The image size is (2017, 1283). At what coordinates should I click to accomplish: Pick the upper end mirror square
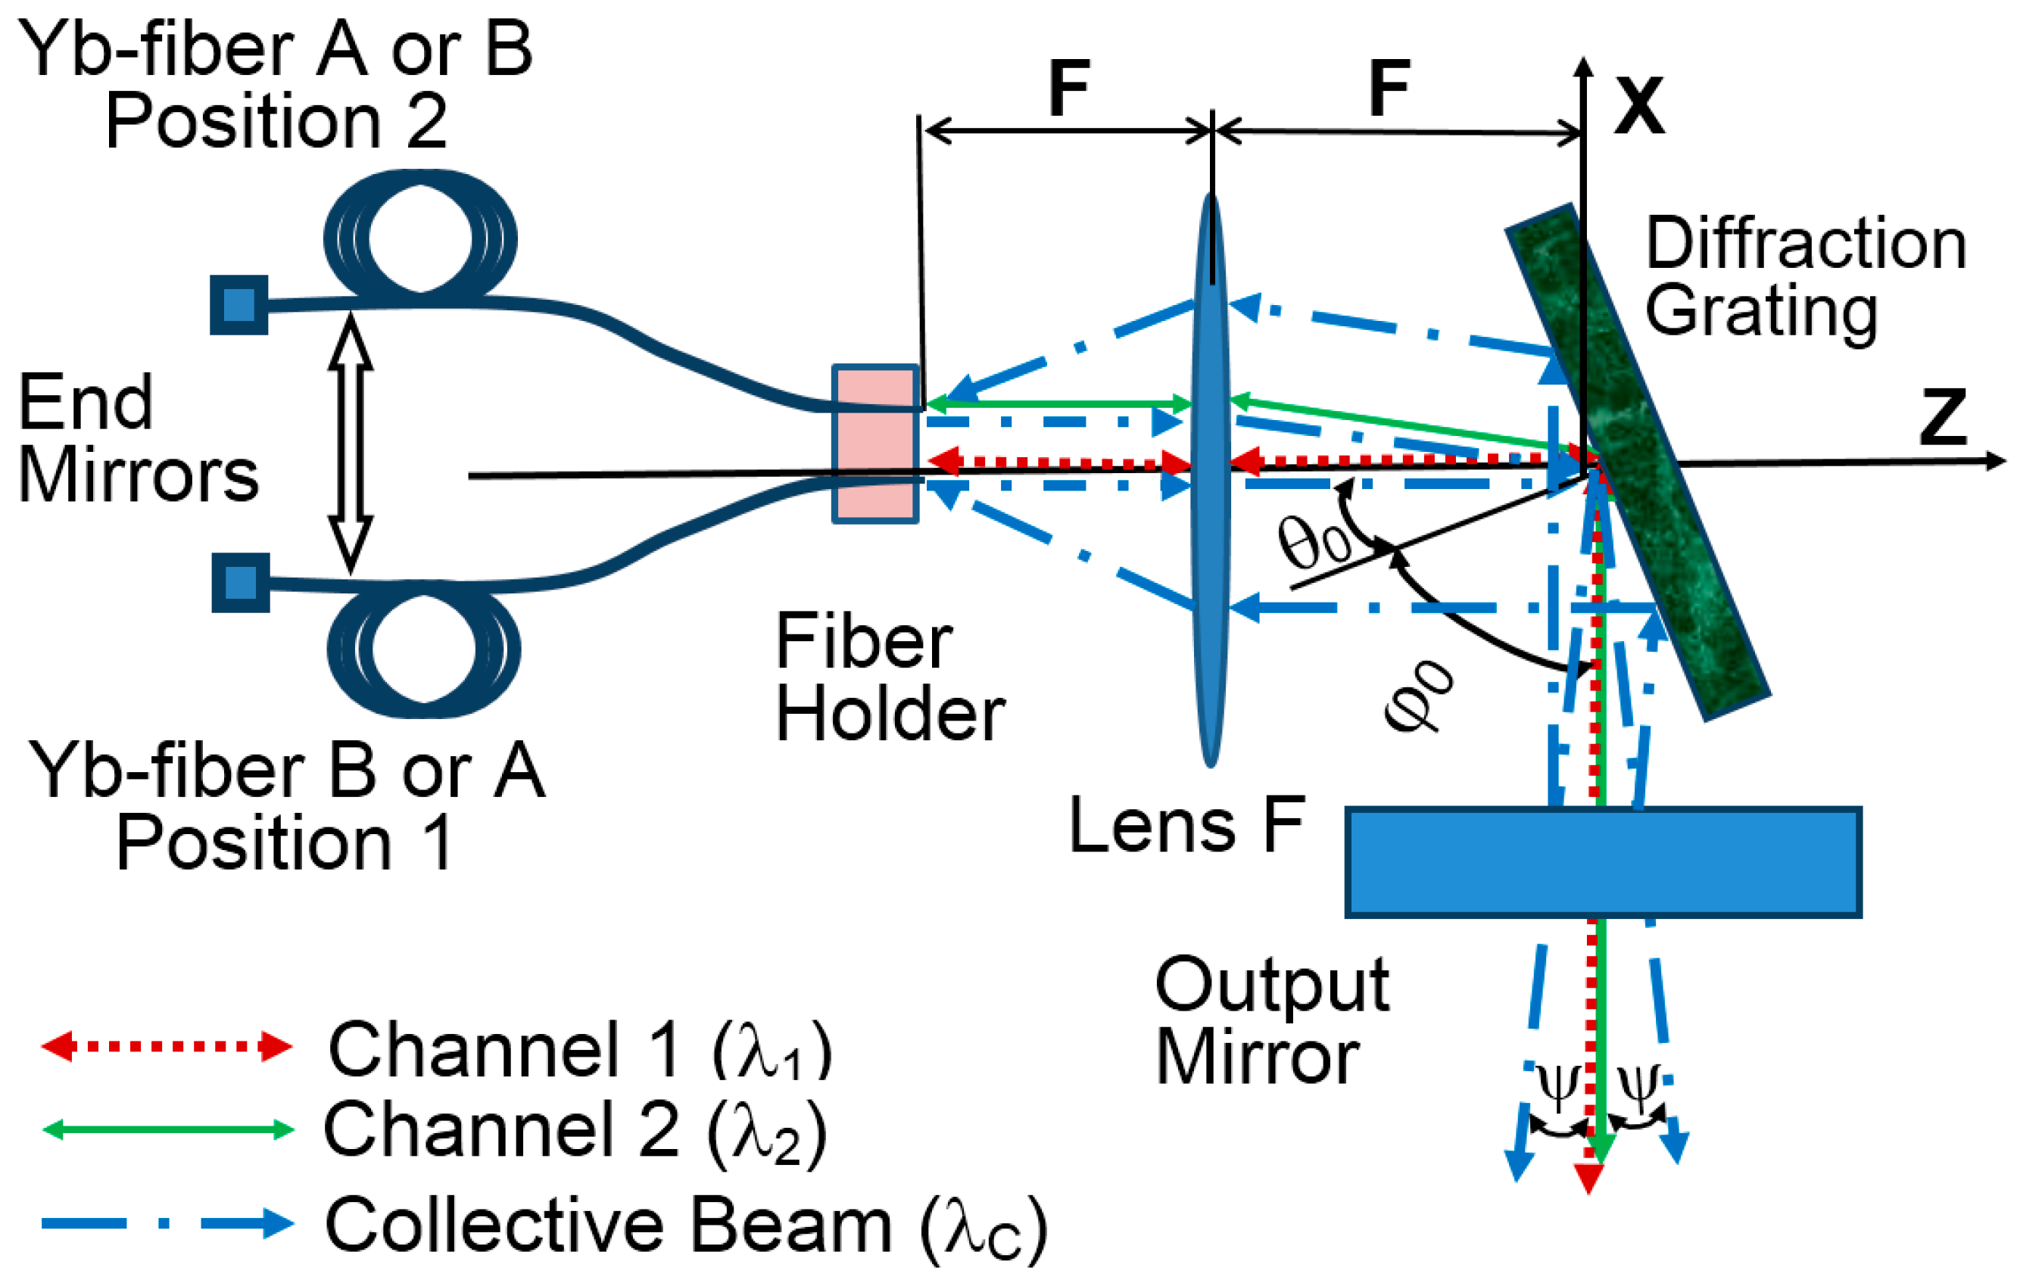click(238, 304)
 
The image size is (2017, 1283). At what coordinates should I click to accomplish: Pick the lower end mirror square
click(241, 582)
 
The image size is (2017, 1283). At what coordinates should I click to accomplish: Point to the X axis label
click(1639, 107)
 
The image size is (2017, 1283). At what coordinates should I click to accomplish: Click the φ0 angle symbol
click(1418, 696)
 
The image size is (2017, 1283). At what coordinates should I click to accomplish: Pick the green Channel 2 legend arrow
click(167, 1130)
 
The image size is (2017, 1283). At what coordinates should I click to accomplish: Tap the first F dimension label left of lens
click(1069, 89)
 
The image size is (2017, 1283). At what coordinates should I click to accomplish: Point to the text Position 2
click(276, 121)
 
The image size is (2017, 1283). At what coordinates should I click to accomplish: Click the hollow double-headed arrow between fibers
click(350, 443)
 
